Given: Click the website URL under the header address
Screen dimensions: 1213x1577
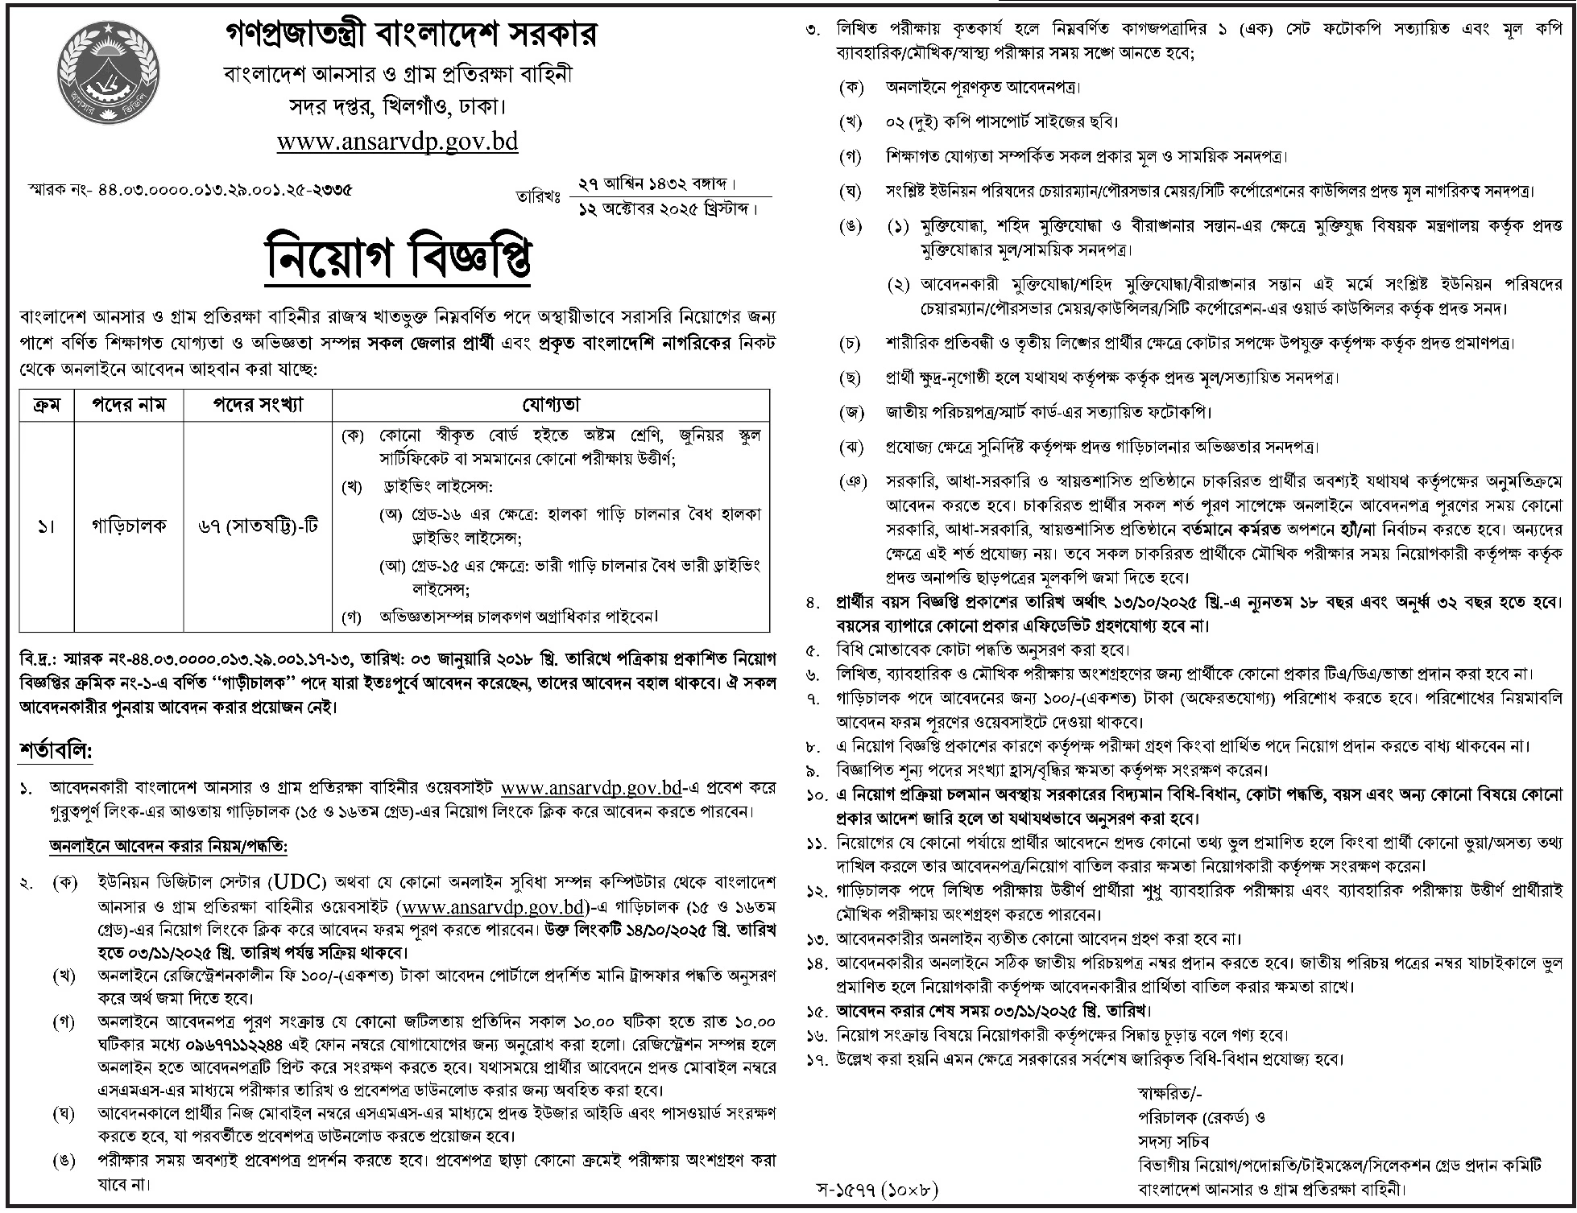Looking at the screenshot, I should pos(397,142).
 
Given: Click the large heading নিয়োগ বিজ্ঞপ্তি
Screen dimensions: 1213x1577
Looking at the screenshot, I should pos(399,258).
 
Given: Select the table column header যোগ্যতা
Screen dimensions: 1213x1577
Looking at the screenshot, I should pos(551,404).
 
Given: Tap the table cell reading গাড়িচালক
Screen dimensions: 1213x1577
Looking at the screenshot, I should pos(129,526).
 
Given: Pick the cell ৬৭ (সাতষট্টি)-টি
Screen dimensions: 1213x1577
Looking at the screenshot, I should pos(258,526).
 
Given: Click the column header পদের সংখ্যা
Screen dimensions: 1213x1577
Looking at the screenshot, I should pos(258,404).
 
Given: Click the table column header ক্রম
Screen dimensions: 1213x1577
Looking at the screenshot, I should pos(46,404).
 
